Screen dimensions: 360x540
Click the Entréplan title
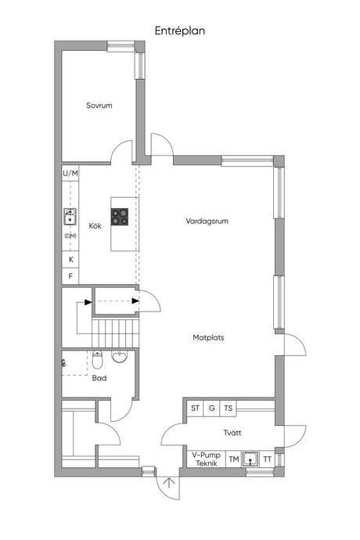[180, 31]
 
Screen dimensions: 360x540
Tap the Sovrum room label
[99, 106]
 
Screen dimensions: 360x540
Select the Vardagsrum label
[207, 221]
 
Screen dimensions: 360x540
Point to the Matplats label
[208, 337]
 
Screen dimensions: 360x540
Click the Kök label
[95, 226]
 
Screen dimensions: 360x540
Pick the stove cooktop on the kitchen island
[120, 217]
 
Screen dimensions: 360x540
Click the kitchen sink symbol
[70, 216]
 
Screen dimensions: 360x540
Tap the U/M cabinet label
[70, 174]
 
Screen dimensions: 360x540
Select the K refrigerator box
[70, 259]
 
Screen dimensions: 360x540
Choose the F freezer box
[70, 275]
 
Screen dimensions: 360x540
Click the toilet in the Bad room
[98, 359]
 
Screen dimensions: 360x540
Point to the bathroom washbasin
[120, 356]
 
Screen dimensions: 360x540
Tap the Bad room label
[99, 378]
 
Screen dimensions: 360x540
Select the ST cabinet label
[196, 408]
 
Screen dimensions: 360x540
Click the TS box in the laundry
[228, 408]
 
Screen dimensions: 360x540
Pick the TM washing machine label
[234, 459]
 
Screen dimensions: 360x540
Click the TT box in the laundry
[268, 459]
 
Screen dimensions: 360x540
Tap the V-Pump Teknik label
[207, 459]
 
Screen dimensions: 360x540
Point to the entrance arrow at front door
[169, 483]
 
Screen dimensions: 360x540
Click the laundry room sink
[250, 459]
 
